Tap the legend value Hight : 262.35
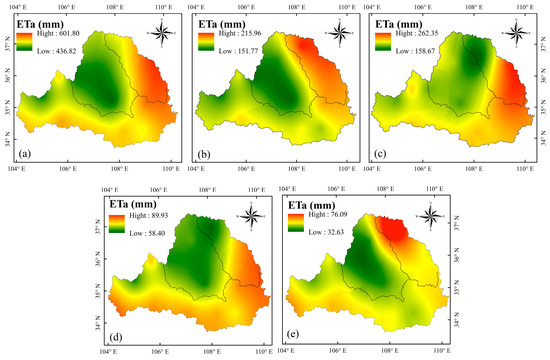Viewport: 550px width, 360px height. point(418,33)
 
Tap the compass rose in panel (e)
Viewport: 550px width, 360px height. point(430,214)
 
